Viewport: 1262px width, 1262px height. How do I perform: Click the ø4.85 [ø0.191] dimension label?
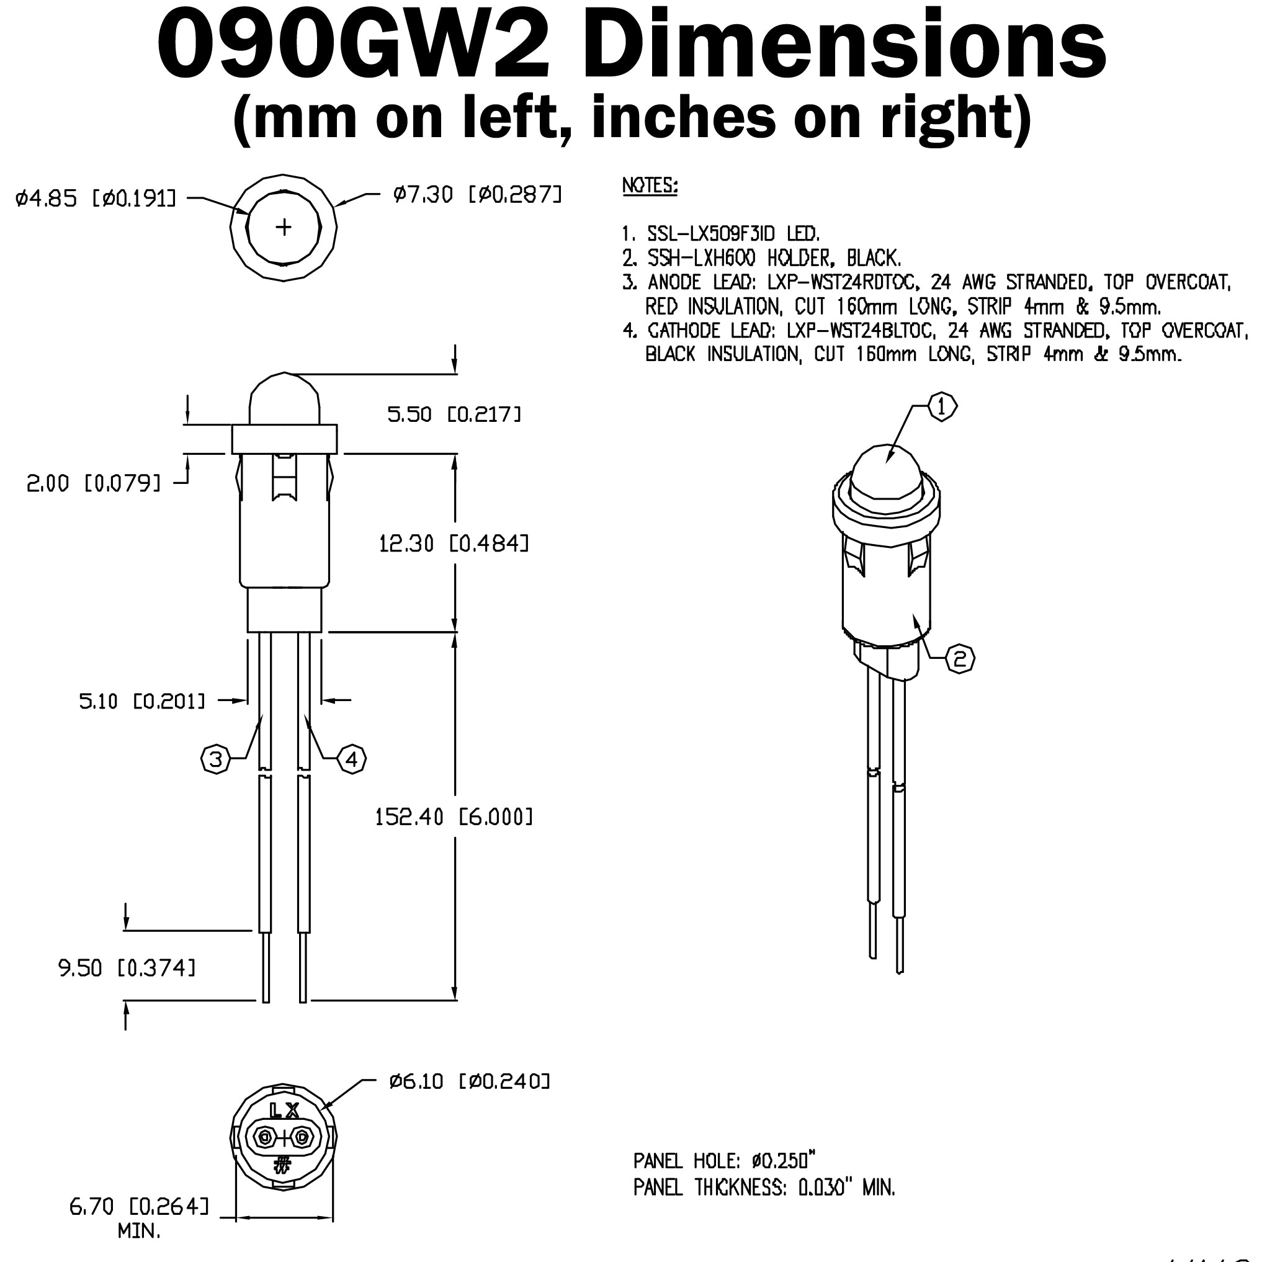(x=96, y=197)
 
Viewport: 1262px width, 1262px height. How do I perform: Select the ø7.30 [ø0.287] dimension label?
(x=477, y=194)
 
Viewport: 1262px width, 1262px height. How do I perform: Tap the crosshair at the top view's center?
(x=284, y=227)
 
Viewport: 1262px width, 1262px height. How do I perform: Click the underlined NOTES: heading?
(x=650, y=186)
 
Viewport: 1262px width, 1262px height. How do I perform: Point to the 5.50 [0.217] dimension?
(x=454, y=414)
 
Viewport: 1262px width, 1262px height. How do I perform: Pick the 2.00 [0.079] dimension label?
(x=94, y=483)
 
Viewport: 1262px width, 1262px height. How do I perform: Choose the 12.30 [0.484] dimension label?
(x=454, y=543)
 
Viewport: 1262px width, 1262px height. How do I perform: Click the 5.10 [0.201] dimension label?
(x=141, y=702)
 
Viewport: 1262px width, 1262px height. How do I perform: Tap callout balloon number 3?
(x=215, y=759)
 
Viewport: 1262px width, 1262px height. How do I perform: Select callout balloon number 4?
(x=351, y=759)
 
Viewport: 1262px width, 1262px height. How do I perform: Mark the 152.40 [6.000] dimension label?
(x=454, y=817)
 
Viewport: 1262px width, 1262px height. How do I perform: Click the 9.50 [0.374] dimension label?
(x=127, y=967)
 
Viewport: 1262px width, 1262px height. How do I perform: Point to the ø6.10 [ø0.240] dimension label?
(x=470, y=1081)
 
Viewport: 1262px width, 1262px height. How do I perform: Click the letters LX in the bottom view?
(x=284, y=1110)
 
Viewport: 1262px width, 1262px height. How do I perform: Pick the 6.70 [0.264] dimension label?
(x=139, y=1207)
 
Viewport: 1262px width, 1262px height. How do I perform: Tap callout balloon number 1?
(x=941, y=407)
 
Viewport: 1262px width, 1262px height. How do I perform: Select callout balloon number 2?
(x=960, y=659)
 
